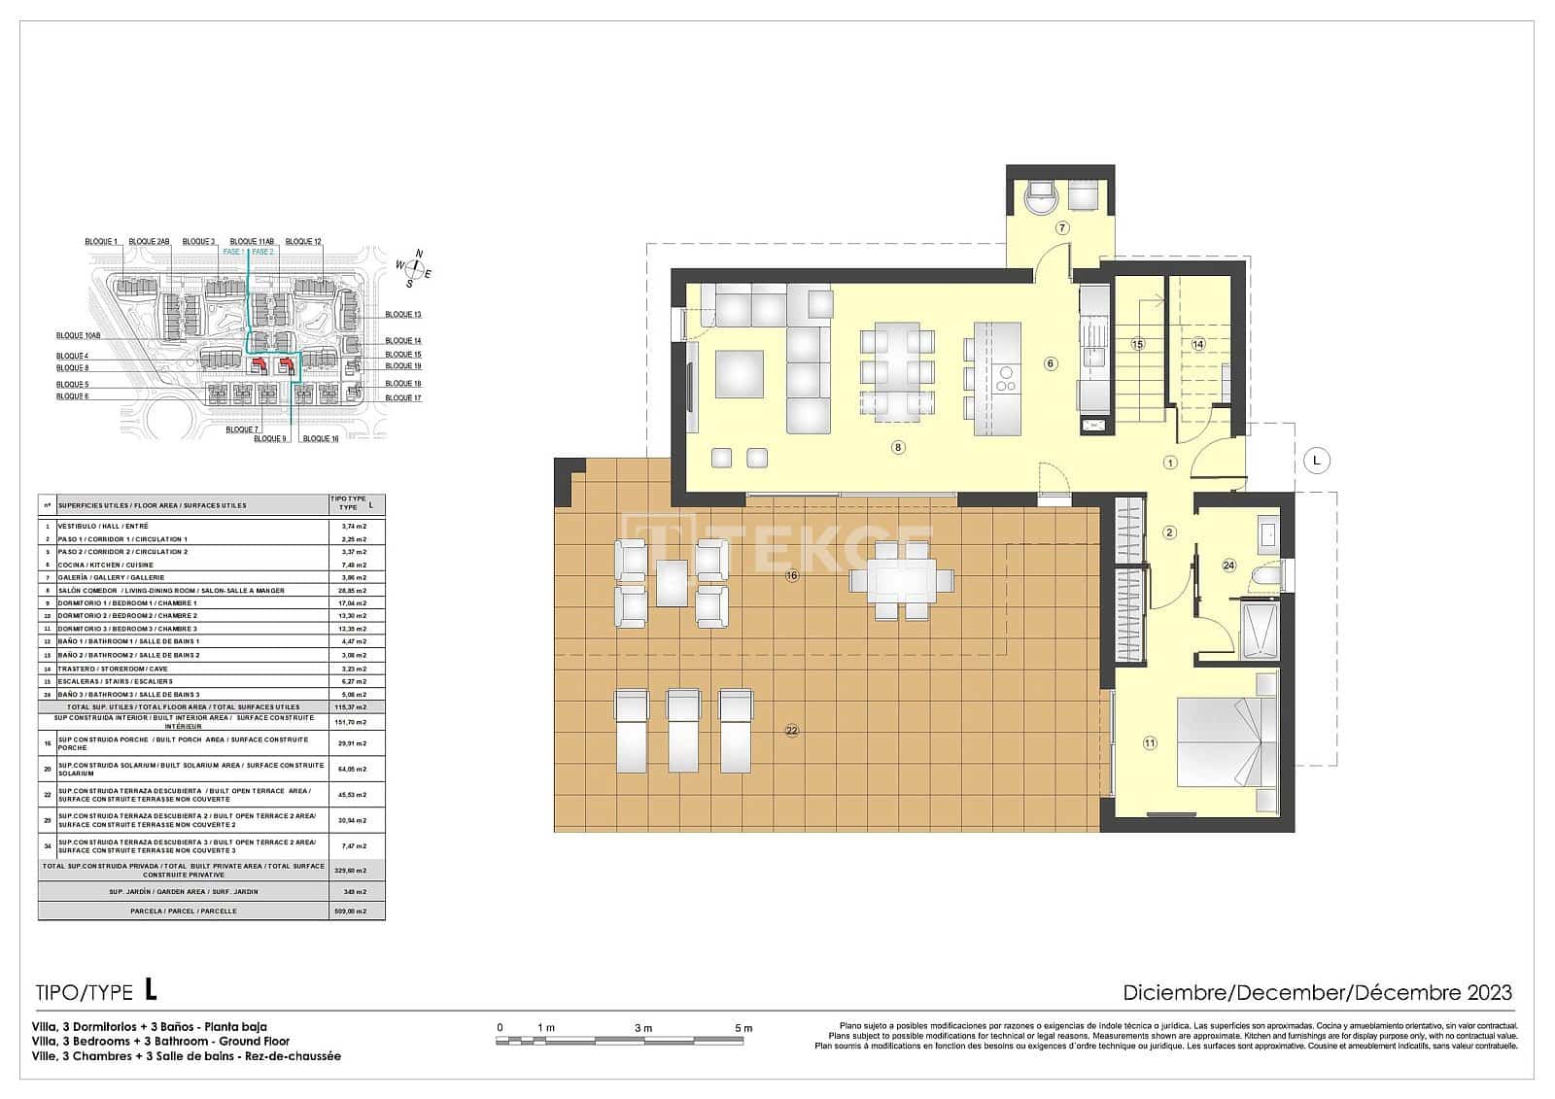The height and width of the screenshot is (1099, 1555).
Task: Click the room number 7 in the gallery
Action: pos(1062,228)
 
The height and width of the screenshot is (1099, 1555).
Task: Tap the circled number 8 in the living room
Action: pos(898,448)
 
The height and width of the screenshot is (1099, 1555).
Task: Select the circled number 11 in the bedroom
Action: pos(1150,743)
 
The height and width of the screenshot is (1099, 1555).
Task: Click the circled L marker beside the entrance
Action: pos(1316,460)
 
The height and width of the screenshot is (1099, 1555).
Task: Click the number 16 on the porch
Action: pos(792,576)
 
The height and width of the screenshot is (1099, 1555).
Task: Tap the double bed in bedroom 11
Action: pos(1220,742)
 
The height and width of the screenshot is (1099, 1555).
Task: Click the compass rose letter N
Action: pos(419,254)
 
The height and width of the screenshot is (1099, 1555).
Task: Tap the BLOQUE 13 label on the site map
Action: pos(402,315)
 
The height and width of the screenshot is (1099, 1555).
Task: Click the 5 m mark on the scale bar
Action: pos(743,1028)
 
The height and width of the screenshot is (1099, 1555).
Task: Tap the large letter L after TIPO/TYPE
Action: pos(150,990)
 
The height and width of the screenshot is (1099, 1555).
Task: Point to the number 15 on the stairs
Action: pos(1137,344)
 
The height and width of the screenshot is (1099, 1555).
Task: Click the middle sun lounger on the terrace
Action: pos(683,731)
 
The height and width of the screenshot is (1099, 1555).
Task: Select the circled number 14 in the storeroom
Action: pos(1198,344)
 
